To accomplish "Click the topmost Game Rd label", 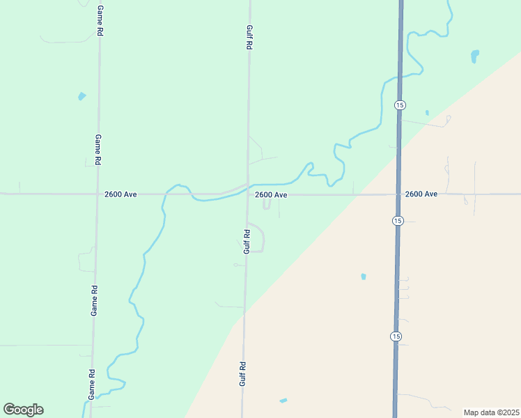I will (x=100, y=21).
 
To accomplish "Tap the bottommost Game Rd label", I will (x=91, y=385).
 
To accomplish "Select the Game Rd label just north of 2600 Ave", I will (x=98, y=149).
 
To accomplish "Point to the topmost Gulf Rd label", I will (x=249, y=37).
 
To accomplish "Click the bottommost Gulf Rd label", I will (x=243, y=373).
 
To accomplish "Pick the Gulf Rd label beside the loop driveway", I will (x=246, y=241).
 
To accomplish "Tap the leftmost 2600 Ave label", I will (x=121, y=194).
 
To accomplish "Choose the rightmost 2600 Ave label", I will (x=421, y=194).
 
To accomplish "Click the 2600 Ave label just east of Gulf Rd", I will (x=271, y=195).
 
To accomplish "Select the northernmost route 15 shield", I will (x=399, y=104).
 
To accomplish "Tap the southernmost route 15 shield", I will (x=396, y=336).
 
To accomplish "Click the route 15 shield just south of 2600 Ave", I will (x=397, y=221).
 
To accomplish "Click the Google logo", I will (x=24, y=410).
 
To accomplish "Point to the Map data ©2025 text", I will (x=491, y=412).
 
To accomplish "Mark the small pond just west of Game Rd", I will (x=82, y=96).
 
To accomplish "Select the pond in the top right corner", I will (x=475, y=54).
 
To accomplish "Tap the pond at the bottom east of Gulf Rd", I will (x=283, y=401).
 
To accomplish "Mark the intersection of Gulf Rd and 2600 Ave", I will (x=247, y=194).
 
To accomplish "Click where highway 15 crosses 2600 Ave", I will (x=398, y=194).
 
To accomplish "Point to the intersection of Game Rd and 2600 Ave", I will (x=96, y=194).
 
